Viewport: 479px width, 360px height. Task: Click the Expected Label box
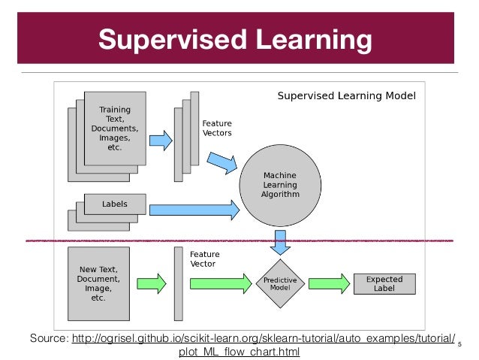(384, 283)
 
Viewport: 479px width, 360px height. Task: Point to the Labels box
(115, 204)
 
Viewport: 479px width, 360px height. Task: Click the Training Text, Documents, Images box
(115, 129)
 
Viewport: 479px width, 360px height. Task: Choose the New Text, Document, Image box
(103, 283)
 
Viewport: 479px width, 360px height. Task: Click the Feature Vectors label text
(217, 128)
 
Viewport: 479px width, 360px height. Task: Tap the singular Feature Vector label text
(204, 260)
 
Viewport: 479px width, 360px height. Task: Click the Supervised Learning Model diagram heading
(346, 96)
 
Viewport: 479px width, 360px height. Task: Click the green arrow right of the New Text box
(152, 283)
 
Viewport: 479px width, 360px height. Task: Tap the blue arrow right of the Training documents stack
(159, 140)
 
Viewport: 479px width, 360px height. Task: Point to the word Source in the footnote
(47, 339)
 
